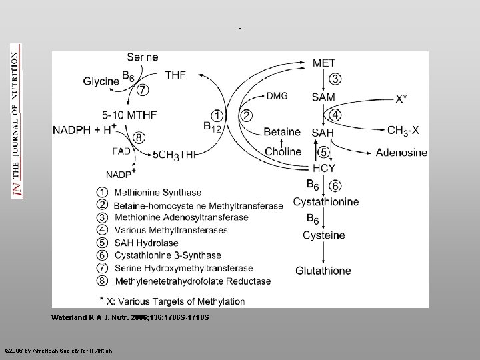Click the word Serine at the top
coord(142,57)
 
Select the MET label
coord(324,63)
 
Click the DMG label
coord(277,96)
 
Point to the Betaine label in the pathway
coord(282,132)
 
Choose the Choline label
coord(283,151)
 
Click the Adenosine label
coord(401,153)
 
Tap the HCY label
coord(323,169)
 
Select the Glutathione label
coord(323,270)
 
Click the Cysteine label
coord(323,235)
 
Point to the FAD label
coord(122,151)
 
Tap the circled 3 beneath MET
coord(335,79)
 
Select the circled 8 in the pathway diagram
coord(139,137)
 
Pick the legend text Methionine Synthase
coord(157,193)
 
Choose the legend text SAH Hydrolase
coord(147,243)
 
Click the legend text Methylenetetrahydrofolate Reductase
coord(193,281)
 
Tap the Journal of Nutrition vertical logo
coord(15,121)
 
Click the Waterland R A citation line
coord(130,317)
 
